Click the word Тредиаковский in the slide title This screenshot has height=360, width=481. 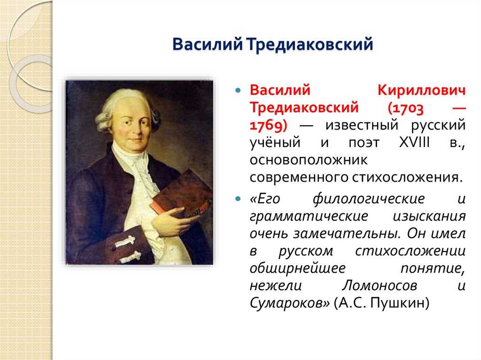pos(310,44)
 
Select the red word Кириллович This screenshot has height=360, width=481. pos(421,90)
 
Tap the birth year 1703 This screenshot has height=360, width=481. pos(406,108)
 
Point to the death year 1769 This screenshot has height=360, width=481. pos(268,125)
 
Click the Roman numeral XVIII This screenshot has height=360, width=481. pos(414,143)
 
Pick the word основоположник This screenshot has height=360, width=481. pos(308,160)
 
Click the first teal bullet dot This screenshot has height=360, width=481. pos(238,91)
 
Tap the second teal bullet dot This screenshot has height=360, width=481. pos(238,199)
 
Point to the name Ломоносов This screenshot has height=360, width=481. pos(380,286)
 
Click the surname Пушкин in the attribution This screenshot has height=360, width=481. pos(400,303)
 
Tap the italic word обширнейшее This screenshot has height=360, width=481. pos(297,268)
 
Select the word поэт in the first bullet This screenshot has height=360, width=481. pos(364,143)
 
